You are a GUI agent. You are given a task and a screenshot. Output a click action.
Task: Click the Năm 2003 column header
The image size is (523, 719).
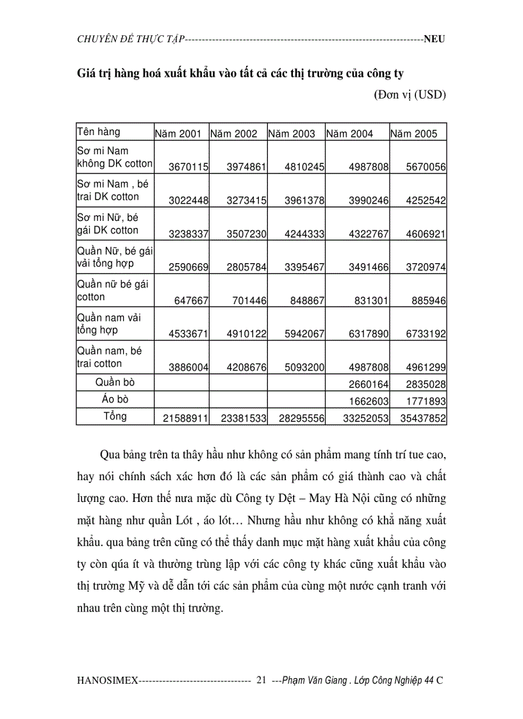[x=292, y=134]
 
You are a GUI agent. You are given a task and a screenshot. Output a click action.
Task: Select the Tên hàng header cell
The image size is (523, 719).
[x=98, y=132]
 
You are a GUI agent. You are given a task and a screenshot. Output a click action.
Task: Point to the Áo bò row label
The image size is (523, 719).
[x=115, y=399]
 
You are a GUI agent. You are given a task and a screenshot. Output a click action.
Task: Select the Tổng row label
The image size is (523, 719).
[x=115, y=416]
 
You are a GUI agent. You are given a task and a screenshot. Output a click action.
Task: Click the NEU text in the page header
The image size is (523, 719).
[x=434, y=39]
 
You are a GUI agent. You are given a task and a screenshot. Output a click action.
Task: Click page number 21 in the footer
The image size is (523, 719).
[x=261, y=681]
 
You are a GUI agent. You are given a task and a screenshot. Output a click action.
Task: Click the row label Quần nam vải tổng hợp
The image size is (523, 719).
[x=109, y=324]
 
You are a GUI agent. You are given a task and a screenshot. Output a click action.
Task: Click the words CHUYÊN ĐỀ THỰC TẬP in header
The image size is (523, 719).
[x=129, y=39]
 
